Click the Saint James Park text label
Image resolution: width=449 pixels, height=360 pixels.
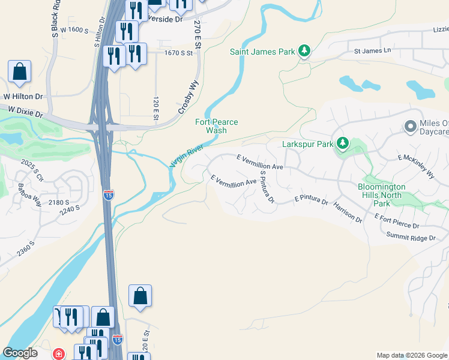pos(262,52)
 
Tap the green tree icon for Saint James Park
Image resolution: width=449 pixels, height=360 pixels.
pos(304,52)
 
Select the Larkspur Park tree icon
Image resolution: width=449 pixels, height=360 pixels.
pos(342,143)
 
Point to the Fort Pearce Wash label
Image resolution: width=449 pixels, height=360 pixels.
pos(217,126)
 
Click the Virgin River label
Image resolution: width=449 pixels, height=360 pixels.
pos(188,155)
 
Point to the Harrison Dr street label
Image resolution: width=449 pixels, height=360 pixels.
pos(348,212)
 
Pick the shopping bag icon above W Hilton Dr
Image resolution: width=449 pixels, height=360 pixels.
pos(20,72)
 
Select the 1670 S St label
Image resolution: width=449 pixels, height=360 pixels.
pos(179,53)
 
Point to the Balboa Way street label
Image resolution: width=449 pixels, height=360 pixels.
pos(29,194)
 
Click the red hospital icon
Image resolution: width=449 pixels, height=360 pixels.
pos(59,354)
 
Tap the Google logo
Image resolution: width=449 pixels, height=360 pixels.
pos(20,353)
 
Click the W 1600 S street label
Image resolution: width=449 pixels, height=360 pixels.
pos(71,29)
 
